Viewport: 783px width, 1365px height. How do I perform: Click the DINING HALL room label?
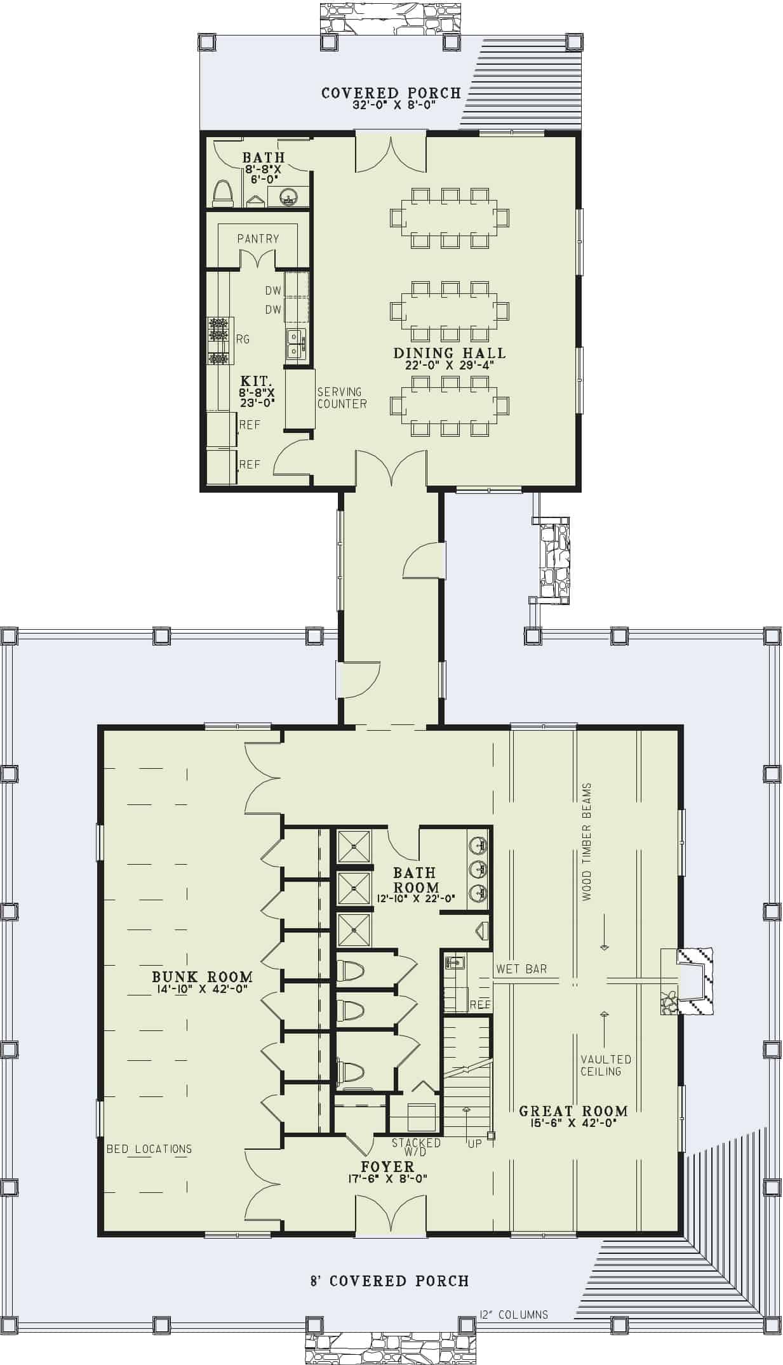(449, 353)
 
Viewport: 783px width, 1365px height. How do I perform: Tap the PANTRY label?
(258, 239)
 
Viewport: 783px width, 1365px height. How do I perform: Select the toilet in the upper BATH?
(222, 193)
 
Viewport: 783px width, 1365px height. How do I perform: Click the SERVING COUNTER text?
(342, 397)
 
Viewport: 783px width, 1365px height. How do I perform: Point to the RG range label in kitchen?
(243, 339)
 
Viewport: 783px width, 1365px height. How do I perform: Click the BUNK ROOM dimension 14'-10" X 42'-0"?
(202, 989)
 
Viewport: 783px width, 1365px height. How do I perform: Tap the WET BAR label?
(521, 969)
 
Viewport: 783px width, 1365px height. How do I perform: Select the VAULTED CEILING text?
(606, 1065)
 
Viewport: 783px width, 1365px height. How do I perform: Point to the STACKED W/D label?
(416, 1147)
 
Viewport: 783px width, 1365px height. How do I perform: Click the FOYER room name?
(387, 1166)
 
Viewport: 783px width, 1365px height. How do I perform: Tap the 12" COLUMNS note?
(514, 1315)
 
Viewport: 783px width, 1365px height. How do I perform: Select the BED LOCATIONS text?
(149, 1149)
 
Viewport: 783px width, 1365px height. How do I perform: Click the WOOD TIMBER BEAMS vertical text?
(586, 841)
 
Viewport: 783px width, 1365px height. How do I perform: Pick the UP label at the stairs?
(474, 1143)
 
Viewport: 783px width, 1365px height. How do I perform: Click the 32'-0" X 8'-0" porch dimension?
(394, 105)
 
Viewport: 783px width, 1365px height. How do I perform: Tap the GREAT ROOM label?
(573, 1111)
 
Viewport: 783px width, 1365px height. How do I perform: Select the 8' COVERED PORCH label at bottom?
(389, 1281)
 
